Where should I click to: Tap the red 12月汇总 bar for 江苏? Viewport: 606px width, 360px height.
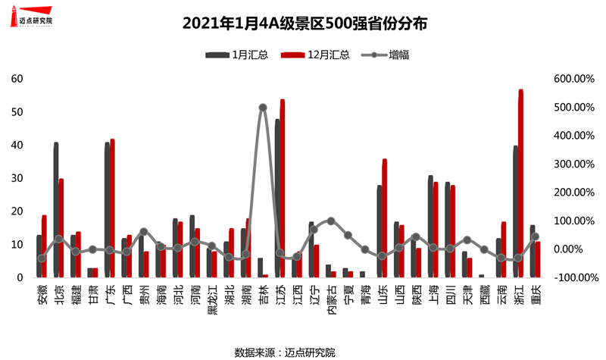(x=283, y=189)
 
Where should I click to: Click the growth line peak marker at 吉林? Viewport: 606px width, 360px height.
(x=263, y=108)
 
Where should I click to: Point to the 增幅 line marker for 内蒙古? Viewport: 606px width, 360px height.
(x=331, y=221)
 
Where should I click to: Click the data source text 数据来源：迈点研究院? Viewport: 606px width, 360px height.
(x=285, y=352)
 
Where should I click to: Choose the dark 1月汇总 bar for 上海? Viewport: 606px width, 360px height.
(x=430, y=227)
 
